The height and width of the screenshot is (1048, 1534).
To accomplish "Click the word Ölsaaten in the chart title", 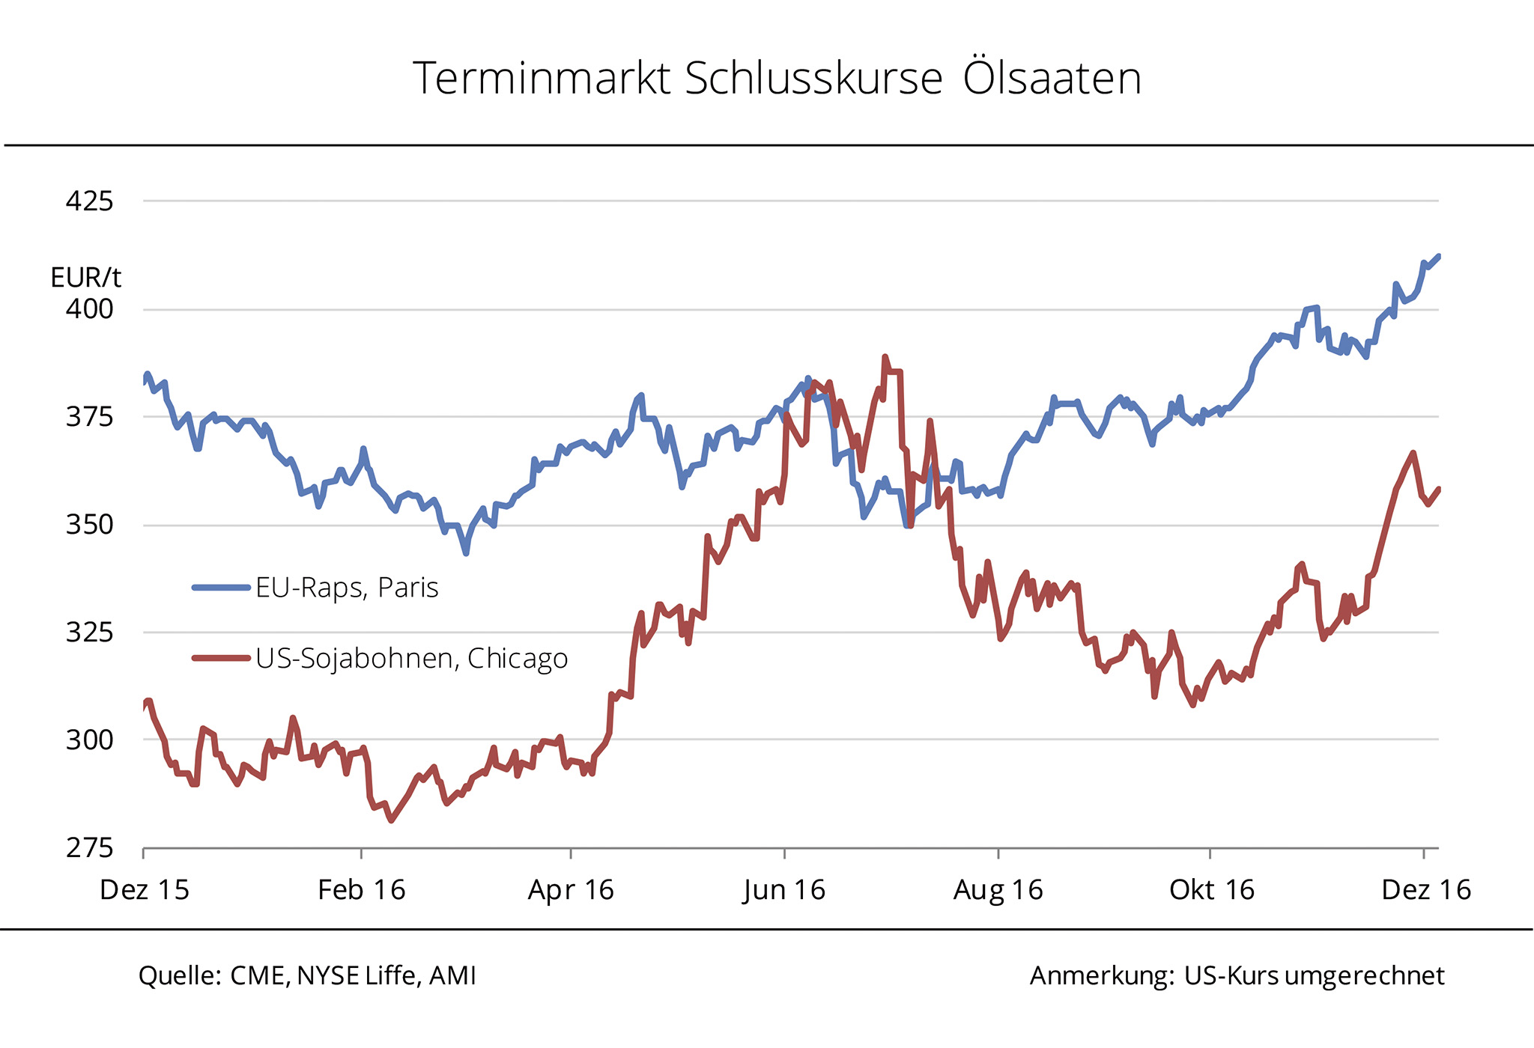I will tap(1052, 79).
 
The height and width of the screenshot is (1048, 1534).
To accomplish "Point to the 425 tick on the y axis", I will tap(90, 201).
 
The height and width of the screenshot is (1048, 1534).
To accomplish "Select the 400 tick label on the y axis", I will tap(90, 308).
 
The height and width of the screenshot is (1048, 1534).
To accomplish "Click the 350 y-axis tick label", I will tap(90, 524).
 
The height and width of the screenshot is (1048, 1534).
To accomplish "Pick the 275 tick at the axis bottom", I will tap(90, 847).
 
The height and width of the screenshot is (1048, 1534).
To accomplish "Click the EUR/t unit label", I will tap(85, 278).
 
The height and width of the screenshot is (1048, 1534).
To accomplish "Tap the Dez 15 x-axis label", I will tap(145, 890).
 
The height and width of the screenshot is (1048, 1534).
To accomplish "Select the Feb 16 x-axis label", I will tap(361, 890).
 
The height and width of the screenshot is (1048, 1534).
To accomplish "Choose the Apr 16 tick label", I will tap(571, 890).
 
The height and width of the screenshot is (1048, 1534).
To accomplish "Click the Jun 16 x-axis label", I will tap(784, 890).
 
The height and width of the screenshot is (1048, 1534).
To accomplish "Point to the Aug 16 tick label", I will tap(998, 890).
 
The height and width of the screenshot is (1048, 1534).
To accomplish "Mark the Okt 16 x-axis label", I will tap(1211, 890).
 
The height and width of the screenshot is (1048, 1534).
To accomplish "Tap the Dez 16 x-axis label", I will tap(1425, 890).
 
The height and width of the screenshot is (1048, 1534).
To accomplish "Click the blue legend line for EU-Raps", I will tap(221, 588).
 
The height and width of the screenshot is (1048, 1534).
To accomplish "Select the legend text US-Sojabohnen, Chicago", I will tap(411, 659).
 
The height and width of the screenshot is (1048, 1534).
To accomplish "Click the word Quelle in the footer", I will tap(179, 976).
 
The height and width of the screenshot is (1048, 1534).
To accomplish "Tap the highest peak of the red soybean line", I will tap(885, 357).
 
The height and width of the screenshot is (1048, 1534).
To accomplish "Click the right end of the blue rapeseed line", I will tap(1438, 257).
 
